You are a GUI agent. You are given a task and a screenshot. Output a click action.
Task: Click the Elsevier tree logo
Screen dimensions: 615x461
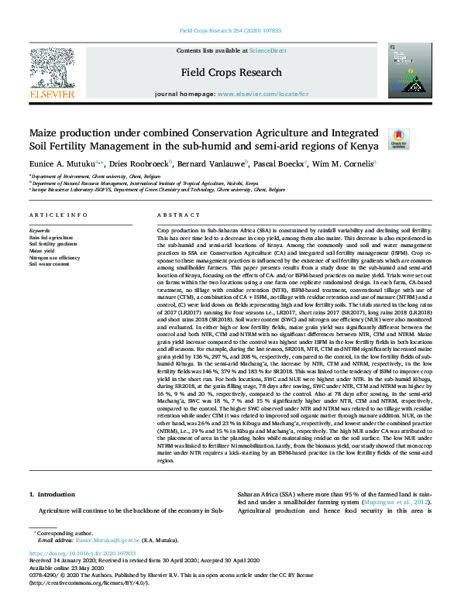point(51,70)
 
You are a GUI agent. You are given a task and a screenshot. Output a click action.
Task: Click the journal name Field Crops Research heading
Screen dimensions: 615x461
point(230,71)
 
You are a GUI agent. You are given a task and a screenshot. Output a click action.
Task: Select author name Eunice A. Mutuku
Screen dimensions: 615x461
point(64,163)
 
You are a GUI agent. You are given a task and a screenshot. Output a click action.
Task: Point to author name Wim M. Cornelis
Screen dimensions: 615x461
point(343,163)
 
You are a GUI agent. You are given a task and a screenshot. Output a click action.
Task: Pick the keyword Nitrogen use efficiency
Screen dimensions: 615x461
point(54,257)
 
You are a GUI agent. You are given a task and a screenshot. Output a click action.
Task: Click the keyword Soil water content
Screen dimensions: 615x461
point(50,263)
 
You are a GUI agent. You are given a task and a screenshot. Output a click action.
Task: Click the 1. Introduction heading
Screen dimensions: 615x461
point(52,493)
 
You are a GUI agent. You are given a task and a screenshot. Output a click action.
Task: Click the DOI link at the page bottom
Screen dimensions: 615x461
point(82,555)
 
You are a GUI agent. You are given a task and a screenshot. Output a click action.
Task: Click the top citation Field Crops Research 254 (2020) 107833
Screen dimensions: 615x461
point(230,31)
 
